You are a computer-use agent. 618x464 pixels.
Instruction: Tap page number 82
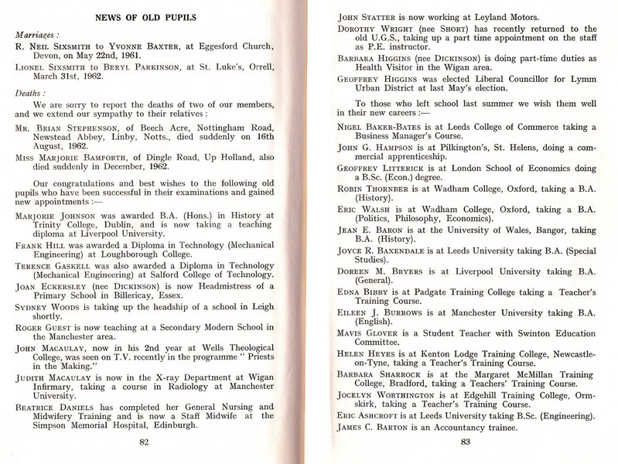tap(144, 442)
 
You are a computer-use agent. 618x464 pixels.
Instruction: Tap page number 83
tap(464, 442)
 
